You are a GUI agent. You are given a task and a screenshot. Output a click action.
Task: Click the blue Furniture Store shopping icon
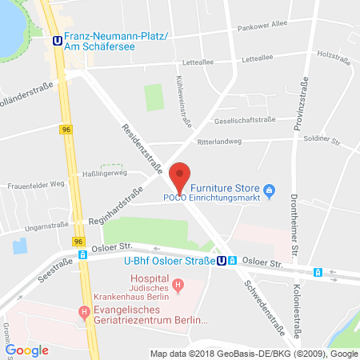[x=270, y=190]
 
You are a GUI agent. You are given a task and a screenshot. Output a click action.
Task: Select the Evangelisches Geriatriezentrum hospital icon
[x=82, y=312]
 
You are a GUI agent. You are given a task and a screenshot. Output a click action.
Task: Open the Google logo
[x=27, y=350]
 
